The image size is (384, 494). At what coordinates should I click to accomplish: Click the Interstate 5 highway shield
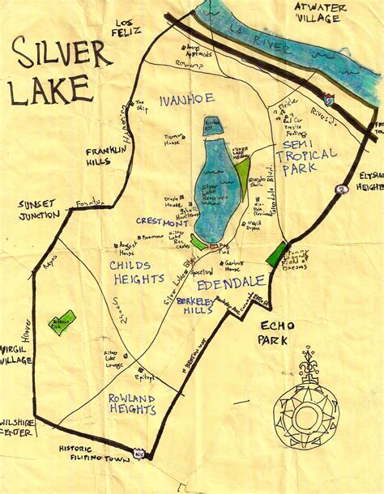328,98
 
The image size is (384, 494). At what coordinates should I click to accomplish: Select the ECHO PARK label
279,332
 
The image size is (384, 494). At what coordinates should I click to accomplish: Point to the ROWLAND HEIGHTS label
132,403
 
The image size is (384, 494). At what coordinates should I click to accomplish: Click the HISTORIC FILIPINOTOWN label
87,454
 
